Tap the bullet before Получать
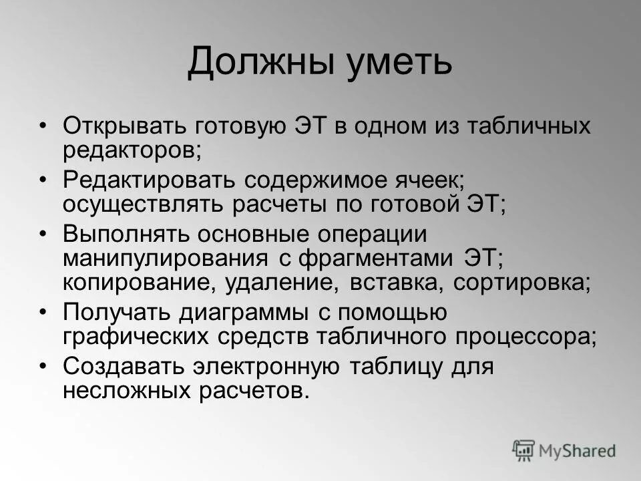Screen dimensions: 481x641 (43, 313)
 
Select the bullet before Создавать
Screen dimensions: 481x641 (43, 367)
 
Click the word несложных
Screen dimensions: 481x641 (131, 392)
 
